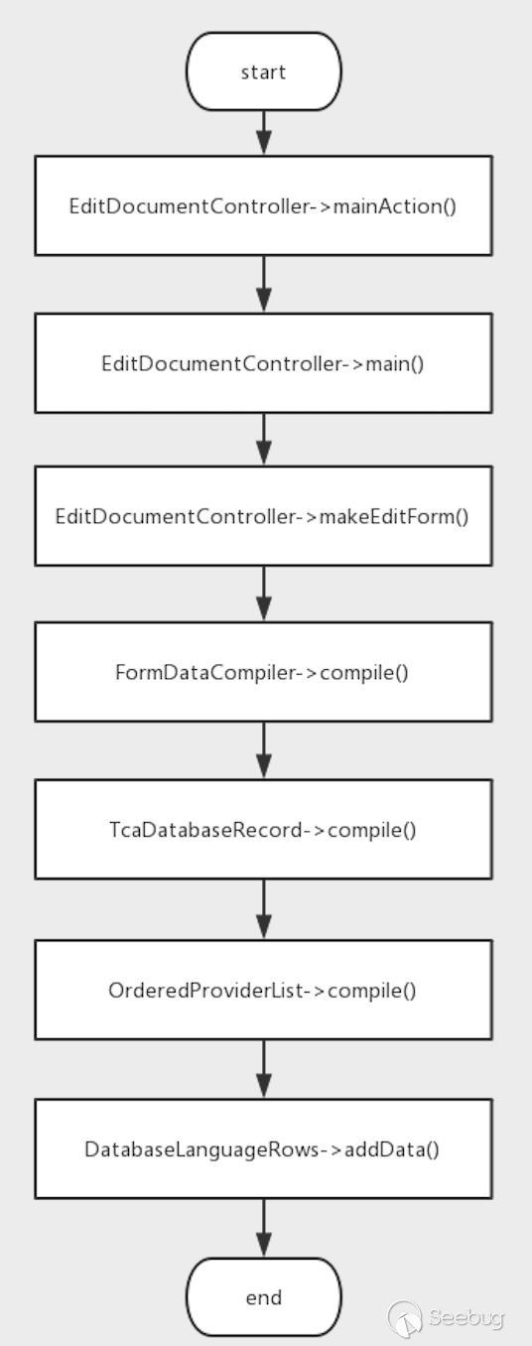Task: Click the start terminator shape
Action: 264,71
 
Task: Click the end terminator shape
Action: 264,1297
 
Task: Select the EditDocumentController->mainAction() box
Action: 263,205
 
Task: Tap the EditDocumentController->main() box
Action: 263,363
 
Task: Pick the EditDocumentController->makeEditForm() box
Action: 263,515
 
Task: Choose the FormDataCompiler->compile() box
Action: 263,672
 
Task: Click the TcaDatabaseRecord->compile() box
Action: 263,829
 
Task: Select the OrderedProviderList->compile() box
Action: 263,990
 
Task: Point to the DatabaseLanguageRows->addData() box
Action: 263,1148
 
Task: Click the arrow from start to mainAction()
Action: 264,133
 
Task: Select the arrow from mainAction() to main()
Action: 264,284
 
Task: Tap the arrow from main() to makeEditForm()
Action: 264,440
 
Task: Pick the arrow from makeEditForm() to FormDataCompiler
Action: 264,594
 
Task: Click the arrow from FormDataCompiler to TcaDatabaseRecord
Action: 264,750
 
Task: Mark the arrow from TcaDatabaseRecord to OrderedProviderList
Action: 264,909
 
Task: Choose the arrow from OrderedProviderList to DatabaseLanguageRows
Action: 264,1069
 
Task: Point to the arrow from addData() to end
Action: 264,1228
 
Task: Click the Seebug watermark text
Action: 465,1318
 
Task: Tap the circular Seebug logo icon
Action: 405,1319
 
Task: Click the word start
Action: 263,72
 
